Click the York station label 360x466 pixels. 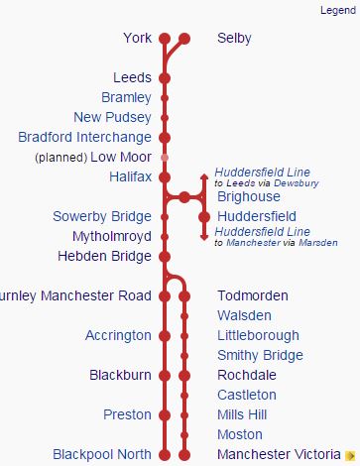point(137,39)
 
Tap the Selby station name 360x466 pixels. point(234,39)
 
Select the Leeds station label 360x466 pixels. point(132,77)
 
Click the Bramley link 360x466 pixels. point(126,97)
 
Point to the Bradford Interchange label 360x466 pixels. point(85,137)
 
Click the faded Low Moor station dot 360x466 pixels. point(165,157)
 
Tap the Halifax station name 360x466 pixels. point(131,176)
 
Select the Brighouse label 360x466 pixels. point(248,196)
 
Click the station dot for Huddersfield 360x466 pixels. point(204,216)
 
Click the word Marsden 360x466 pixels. point(318,242)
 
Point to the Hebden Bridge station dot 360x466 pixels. point(165,256)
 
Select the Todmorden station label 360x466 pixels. point(253,295)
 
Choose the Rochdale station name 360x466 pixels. point(247,375)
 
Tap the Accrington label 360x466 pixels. point(118,335)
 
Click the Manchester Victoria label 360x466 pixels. point(277,454)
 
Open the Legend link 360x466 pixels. point(337,10)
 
